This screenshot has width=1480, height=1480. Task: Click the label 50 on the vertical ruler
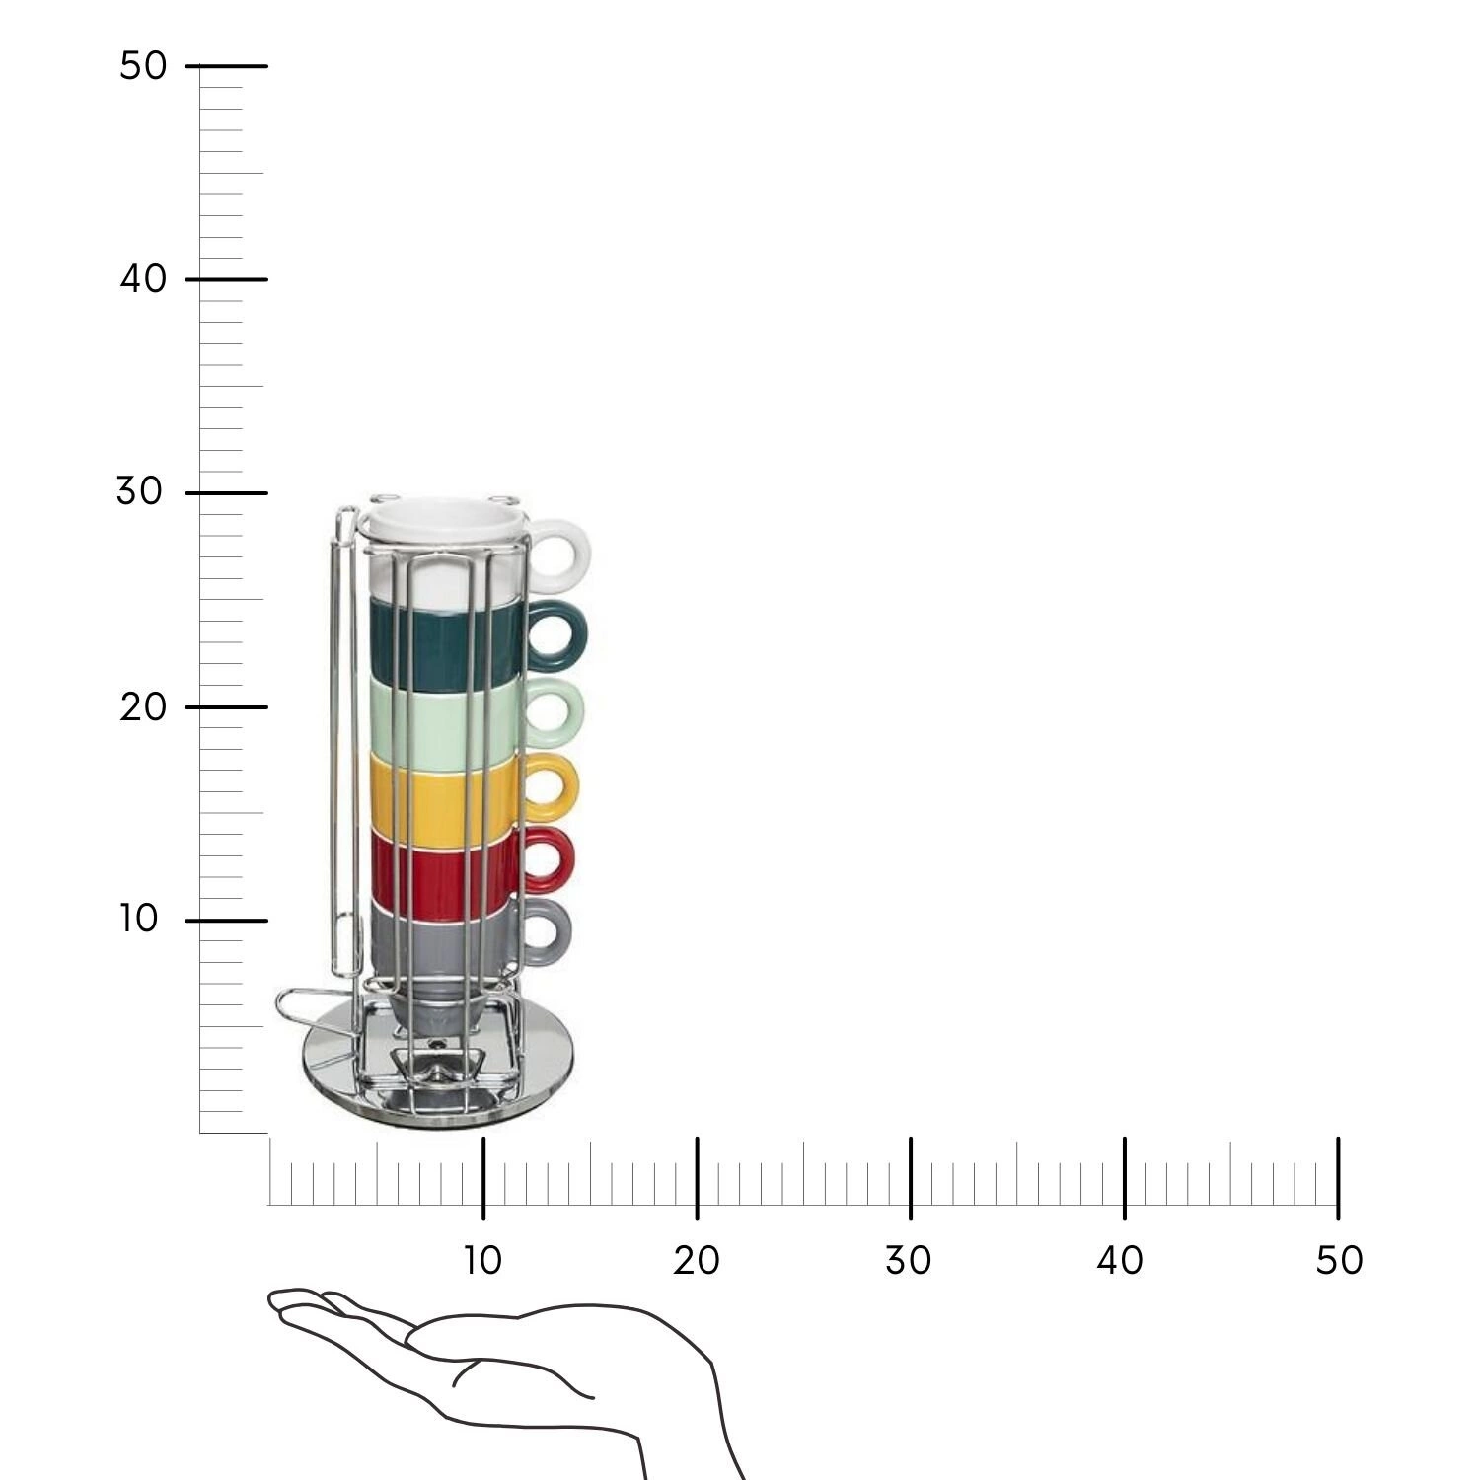pos(143,66)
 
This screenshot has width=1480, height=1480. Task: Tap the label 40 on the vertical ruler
pos(144,279)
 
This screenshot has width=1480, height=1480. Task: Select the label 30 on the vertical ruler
pos(139,491)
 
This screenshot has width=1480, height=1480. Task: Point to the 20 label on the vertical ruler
pos(143,706)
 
